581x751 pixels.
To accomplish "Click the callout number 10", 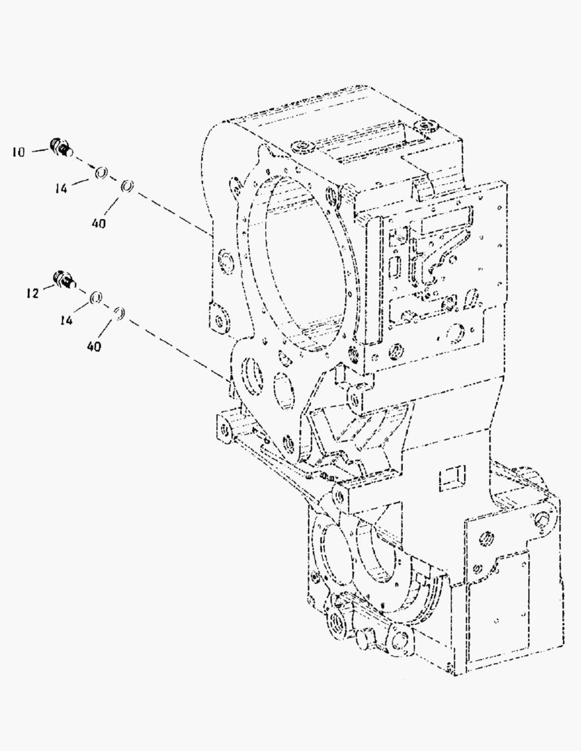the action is tap(17, 152).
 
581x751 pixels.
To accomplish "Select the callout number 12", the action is tap(32, 293).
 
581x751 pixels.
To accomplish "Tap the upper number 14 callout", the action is tap(61, 188).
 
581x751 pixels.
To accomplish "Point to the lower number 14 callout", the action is tap(65, 320).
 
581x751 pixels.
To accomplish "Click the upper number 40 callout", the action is tap(98, 223).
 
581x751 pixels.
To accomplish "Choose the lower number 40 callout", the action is tap(94, 346).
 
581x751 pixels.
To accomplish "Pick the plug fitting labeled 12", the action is tap(64, 280).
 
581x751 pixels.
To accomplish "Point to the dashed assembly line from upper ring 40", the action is tap(173, 213).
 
